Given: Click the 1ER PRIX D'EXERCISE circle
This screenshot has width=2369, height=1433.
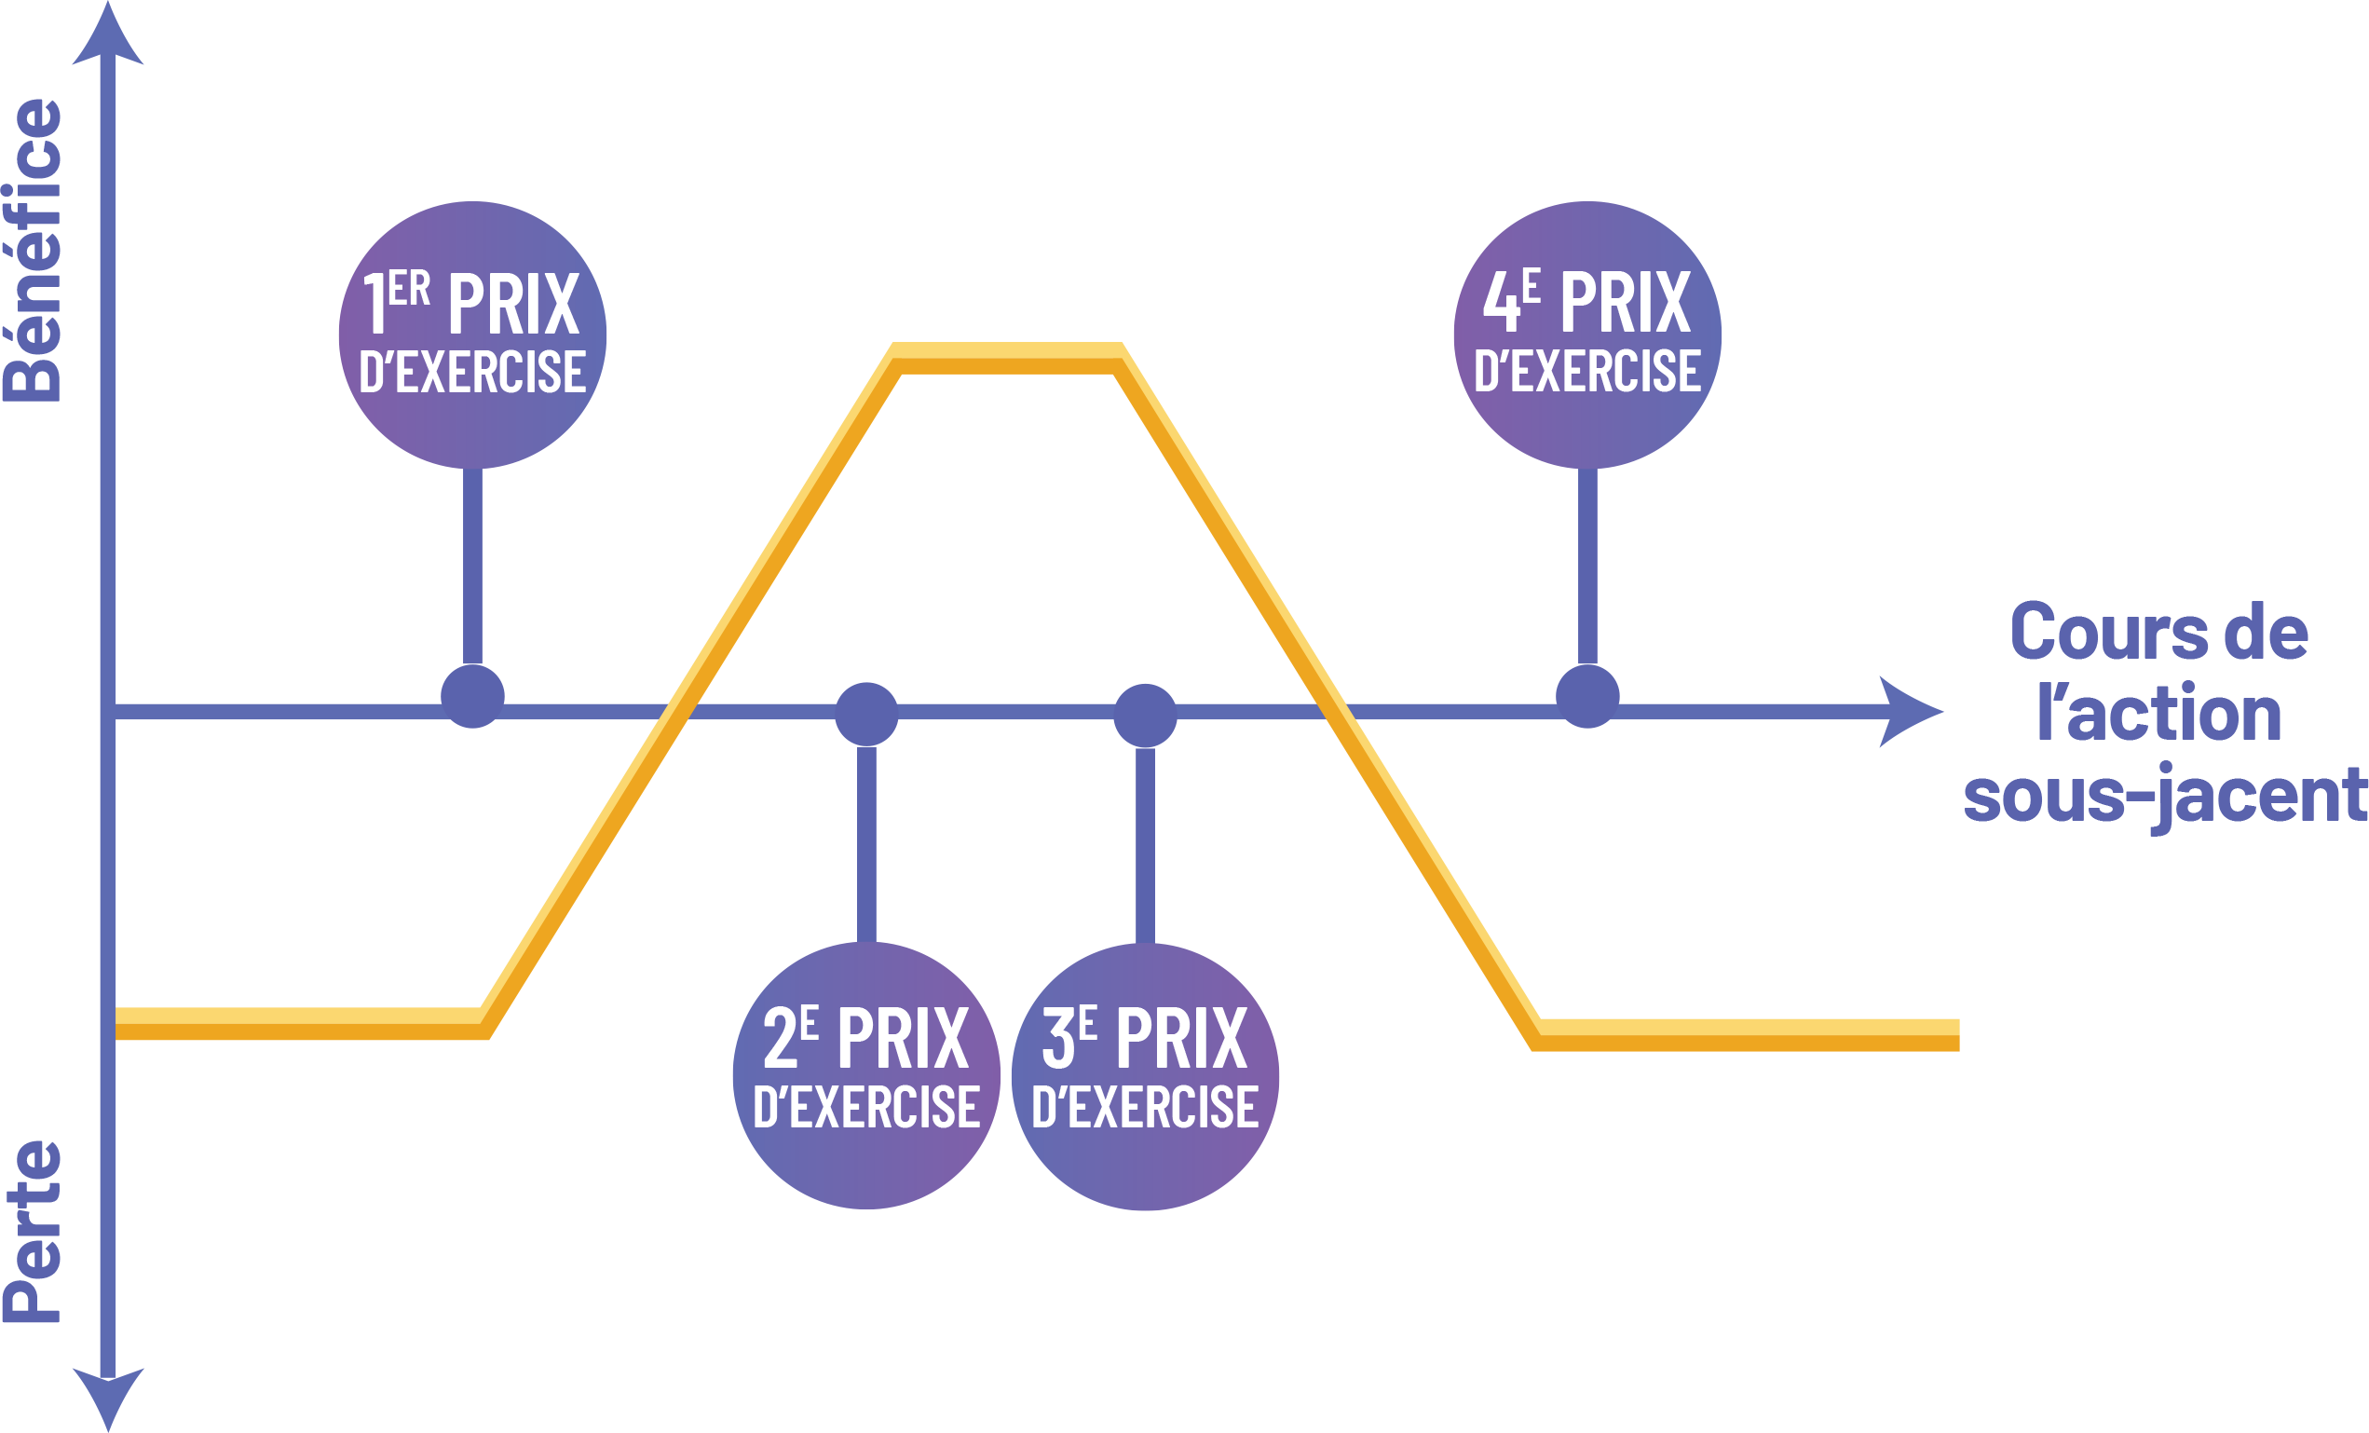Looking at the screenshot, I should [x=472, y=334].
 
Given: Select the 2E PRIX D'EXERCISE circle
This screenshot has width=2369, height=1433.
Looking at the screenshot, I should [x=866, y=1075].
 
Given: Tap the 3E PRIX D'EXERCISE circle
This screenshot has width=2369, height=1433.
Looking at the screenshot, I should [x=1145, y=1076].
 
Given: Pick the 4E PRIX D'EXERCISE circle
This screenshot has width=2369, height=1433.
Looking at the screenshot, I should [x=1587, y=334].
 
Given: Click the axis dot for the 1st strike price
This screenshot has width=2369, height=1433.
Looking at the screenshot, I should [x=472, y=696].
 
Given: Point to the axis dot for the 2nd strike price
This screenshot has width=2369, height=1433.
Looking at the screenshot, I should [x=866, y=714].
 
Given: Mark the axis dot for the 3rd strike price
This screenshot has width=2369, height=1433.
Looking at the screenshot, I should [x=1145, y=715].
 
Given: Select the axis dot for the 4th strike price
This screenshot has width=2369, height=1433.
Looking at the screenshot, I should [x=1587, y=696].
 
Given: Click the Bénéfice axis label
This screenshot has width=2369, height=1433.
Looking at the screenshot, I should [x=34, y=250].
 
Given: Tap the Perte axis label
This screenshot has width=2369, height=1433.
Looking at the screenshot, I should [x=34, y=1231].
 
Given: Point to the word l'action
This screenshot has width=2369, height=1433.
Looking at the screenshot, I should [x=2159, y=715].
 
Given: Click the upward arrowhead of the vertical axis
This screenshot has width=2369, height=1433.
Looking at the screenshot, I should [x=109, y=38].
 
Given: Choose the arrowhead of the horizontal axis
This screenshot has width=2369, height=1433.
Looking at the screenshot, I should [x=1909, y=712].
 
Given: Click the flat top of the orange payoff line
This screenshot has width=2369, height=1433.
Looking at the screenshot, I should [x=1008, y=358].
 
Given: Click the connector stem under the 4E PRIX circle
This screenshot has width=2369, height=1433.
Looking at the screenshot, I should [x=1587, y=567].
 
